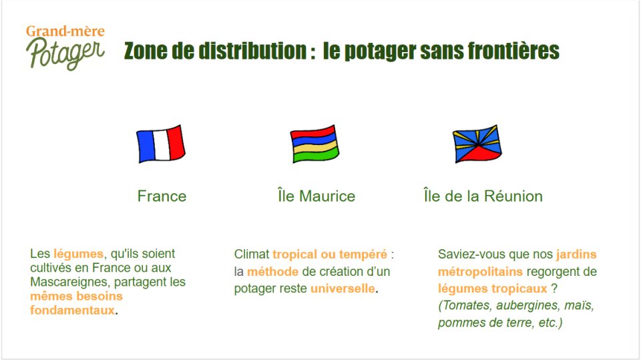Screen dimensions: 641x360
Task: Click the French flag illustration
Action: (161, 144)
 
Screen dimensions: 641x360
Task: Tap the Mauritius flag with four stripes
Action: (314, 144)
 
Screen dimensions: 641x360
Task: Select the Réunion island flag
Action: (477, 144)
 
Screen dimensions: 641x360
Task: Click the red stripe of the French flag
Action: (176, 142)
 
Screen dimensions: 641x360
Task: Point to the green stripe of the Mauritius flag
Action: (316, 155)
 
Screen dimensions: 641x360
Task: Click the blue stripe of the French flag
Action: (146, 146)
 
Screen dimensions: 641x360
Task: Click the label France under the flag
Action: (162, 196)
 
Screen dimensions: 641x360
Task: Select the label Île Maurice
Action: (316, 196)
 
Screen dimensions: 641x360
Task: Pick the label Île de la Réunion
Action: (483, 196)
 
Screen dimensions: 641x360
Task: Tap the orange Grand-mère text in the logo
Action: (65, 31)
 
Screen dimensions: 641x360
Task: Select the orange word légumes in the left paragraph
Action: (79, 254)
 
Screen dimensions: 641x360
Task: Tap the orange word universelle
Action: (343, 289)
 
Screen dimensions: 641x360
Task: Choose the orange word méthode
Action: (272, 272)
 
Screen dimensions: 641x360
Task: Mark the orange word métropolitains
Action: (480, 272)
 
